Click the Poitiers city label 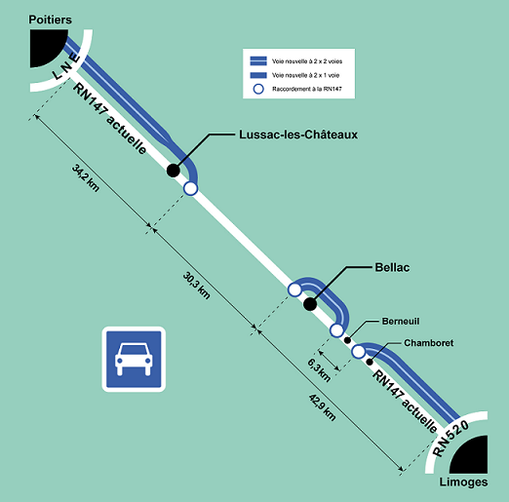tap(50, 19)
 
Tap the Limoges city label tap(463, 483)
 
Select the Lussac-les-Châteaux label tap(298, 135)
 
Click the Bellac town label tap(392, 267)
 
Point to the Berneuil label tap(401, 322)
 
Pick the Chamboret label tap(428, 343)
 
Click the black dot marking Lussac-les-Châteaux tap(174, 171)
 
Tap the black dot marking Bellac tap(310, 304)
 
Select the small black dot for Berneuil tap(347, 340)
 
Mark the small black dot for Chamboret tap(370, 362)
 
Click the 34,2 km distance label tap(86, 178)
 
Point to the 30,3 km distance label tap(196, 286)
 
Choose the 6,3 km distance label tap(319, 370)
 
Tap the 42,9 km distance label tap(322, 407)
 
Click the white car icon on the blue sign tap(134, 359)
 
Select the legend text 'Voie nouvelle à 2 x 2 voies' tap(307, 61)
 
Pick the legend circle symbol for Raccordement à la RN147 tap(258, 89)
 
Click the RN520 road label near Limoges tap(450, 439)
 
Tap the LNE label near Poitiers tap(66, 67)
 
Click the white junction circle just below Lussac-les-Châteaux tap(190, 188)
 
